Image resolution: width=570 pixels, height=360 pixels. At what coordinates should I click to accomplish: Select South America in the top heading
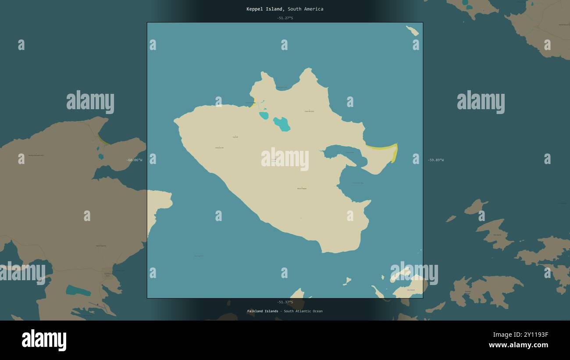(306, 9)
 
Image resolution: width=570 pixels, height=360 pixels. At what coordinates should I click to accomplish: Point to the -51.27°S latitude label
(285, 18)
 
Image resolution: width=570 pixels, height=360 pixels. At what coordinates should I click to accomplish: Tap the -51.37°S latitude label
(285, 302)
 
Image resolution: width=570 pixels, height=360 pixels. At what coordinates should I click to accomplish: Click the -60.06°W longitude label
(134, 160)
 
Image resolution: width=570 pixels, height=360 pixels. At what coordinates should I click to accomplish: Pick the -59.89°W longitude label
(436, 160)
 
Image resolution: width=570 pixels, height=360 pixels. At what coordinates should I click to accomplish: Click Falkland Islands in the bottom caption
(263, 311)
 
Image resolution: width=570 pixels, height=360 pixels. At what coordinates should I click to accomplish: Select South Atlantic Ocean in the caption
(303, 311)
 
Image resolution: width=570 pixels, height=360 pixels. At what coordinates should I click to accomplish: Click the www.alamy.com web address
(518, 345)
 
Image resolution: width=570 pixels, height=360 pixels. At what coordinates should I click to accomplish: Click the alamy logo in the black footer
(44, 340)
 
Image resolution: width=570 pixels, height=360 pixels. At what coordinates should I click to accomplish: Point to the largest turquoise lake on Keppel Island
(282, 124)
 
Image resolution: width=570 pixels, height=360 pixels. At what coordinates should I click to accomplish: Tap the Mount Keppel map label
(302, 189)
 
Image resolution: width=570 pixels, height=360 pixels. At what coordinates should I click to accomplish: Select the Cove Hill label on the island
(309, 111)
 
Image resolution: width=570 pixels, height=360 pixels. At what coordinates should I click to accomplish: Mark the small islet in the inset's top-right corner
(412, 31)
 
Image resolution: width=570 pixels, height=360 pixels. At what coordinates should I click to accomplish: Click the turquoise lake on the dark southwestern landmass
(78, 290)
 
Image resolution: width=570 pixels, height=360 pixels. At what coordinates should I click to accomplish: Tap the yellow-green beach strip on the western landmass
(103, 140)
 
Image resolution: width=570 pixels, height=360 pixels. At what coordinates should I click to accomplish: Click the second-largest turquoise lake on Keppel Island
(264, 115)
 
